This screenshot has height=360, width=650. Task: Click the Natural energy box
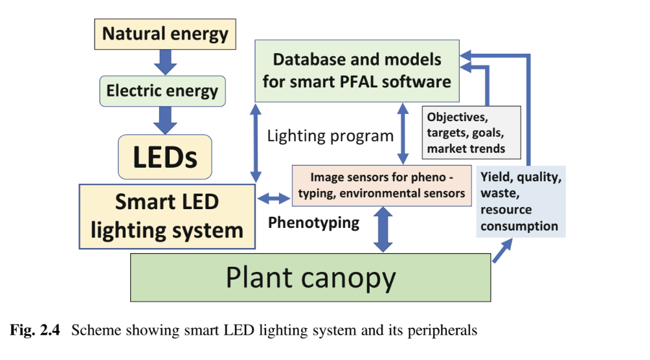click(166, 34)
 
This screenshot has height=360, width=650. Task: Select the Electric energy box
click(162, 91)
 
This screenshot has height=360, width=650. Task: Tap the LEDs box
click(165, 157)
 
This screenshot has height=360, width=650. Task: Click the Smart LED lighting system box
click(166, 216)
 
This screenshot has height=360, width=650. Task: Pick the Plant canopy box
click(310, 277)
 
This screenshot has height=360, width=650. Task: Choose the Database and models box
click(357, 70)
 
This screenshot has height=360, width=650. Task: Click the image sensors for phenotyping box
click(381, 185)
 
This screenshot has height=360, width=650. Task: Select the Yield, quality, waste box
click(521, 201)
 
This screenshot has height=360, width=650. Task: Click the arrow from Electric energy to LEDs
click(166, 120)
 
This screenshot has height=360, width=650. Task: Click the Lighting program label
click(330, 136)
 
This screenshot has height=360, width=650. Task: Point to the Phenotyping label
click(314, 223)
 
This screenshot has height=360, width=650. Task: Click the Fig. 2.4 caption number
click(36, 330)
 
